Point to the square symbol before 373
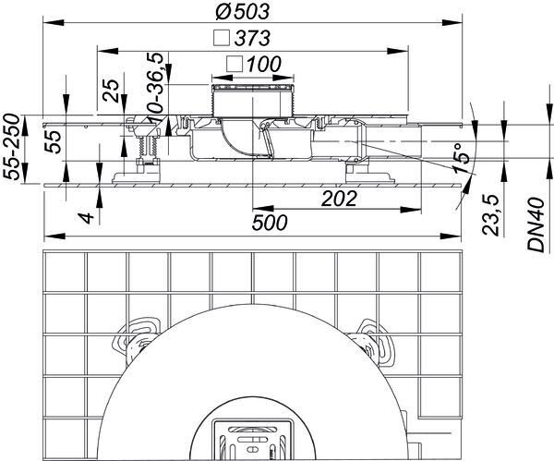point(221,39)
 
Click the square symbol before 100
point(235,64)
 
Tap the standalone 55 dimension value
point(53,140)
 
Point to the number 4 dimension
point(86,219)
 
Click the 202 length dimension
point(340,198)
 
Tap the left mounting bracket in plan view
point(137,336)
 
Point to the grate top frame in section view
point(252,89)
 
